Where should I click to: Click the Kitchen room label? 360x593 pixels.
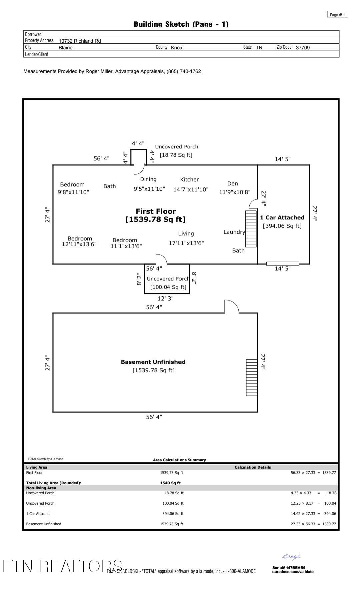click(x=190, y=180)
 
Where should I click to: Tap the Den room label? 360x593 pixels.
click(x=233, y=184)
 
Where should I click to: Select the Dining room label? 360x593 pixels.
click(x=148, y=179)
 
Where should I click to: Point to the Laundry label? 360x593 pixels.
click(x=234, y=232)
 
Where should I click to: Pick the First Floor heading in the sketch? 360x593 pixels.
click(x=156, y=211)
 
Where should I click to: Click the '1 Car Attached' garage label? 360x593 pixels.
click(x=282, y=218)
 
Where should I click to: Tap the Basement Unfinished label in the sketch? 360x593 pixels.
click(x=153, y=362)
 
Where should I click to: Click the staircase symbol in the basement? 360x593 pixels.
click(x=252, y=378)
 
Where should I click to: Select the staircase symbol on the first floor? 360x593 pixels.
click(x=251, y=229)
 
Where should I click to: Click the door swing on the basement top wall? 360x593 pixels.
click(x=232, y=307)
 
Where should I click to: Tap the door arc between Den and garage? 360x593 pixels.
click(x=254, y=203)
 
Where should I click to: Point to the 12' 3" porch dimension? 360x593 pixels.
click(x=165, y=299)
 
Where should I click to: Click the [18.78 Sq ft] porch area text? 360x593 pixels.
click(x=176, y=155)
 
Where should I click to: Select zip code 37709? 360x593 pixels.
click(x=303, y=48)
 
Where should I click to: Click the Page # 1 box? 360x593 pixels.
click(x=338, y=15)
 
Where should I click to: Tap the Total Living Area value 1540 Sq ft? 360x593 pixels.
click(x=170, y=483)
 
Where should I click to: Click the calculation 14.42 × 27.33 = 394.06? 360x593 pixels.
click(x=313, y=514)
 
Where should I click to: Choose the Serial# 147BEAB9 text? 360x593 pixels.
click(x=289, y=567)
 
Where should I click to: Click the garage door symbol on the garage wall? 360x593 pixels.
click(x=283, y=264)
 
